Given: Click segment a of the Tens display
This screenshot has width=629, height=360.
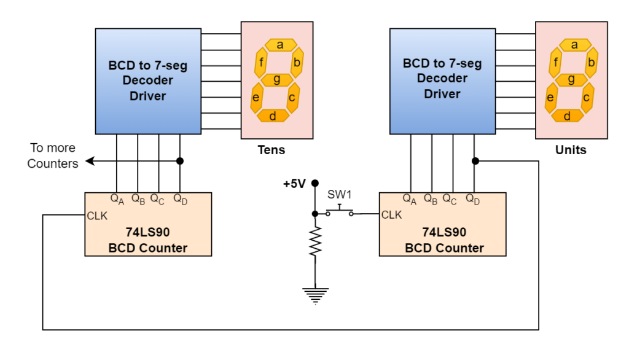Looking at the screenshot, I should coord(279,45).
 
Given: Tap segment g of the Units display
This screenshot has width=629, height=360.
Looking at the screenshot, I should coord(571,79).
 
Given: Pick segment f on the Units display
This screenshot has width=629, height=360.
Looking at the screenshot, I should coord(555,62).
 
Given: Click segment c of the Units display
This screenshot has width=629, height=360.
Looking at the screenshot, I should coord(587,97).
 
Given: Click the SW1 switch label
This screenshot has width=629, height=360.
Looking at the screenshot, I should coord(339,195).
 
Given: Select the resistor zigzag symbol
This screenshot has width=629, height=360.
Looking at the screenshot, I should coord(315,241).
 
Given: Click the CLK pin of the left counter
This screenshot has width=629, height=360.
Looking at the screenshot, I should coord(97,216).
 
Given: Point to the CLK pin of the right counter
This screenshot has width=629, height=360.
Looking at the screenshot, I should coord(391,215).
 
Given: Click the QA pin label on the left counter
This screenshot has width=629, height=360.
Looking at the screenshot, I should coord(116,199).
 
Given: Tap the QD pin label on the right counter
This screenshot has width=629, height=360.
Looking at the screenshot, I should coord(473,199).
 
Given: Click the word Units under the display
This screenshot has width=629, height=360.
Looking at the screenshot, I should coord(571,150).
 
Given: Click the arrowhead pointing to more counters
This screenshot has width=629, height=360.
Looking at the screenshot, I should coord(90,162).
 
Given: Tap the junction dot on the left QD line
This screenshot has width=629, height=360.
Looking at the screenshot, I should coord(180,162).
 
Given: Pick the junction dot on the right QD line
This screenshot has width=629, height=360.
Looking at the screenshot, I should coord(475,161).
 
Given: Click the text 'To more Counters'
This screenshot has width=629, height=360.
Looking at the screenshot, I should coord(53,155).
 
